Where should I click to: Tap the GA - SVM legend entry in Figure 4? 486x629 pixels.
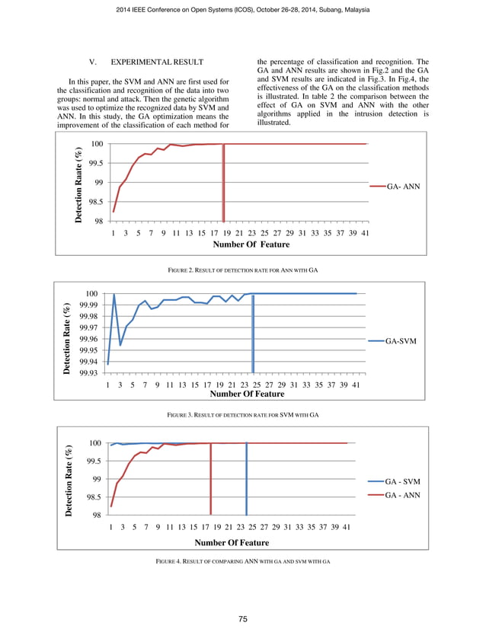tap(402, 482)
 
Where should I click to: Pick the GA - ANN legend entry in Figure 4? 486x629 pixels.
tap(402, 495)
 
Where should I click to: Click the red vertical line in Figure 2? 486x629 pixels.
tap(223, 183)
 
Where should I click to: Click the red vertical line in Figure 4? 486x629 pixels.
tap(211, 480)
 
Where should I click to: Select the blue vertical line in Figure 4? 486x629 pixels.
tap(247, 480)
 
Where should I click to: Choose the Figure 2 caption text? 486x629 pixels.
tap(242, 270)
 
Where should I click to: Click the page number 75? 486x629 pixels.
tap(243, 619)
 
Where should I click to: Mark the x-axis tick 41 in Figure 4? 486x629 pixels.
tap(347, 526)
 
